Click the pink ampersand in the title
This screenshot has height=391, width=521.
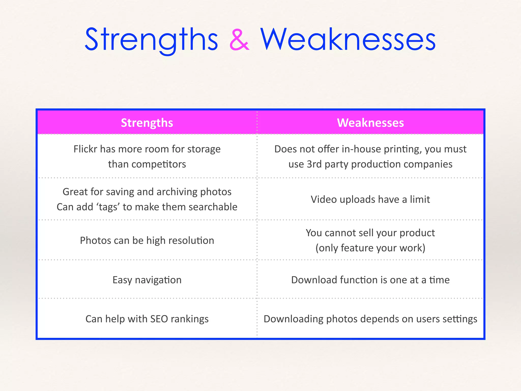(x=239, y=40)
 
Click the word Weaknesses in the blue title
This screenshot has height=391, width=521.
(x=348, y=40)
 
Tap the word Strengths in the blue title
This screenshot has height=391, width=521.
(x=151, y=40)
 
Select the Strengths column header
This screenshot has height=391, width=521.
(x=147, y=123)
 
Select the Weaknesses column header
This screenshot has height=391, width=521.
(x=370, y=123)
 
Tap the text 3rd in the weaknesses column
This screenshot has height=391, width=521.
(x=314, y=164)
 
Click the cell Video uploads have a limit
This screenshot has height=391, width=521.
(x=370, y=199)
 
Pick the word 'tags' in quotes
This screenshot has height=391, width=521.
(x=108, y=207)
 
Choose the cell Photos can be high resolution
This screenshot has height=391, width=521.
(x=147, y=241)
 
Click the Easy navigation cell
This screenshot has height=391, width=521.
(x=147, y=280)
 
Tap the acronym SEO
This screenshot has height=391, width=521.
(x=159, y=319)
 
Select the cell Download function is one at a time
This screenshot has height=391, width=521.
(x=370, y=280)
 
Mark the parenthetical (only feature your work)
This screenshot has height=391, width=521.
(x=370, y=248)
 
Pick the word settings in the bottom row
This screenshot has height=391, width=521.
(x=460, y=319)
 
